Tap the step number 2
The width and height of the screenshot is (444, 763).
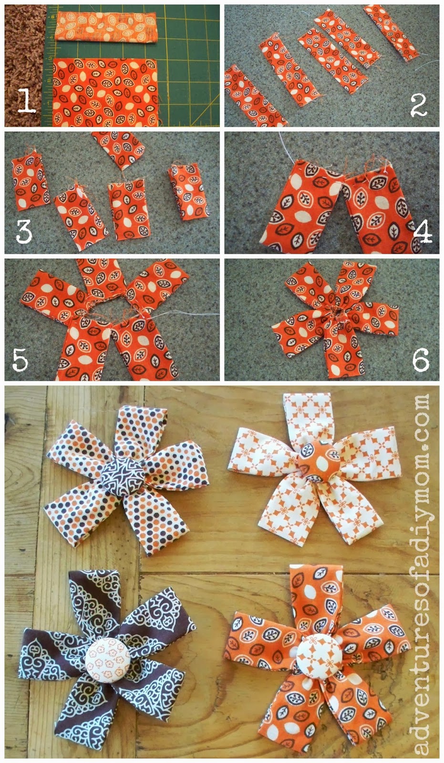419,105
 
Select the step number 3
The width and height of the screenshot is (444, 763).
24,232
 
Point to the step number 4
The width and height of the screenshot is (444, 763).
423,232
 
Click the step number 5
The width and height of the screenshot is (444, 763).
20,360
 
